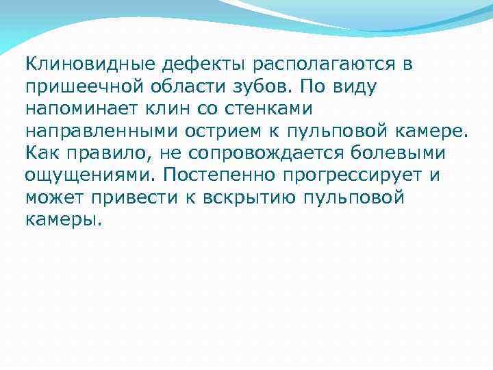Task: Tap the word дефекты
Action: pos(205,65)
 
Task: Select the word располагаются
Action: pos(327,66)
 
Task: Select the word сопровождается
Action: pos(266,153)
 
